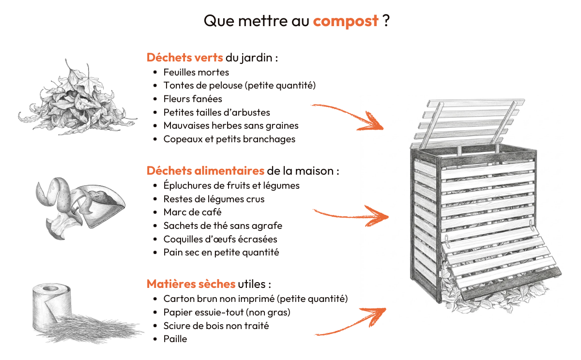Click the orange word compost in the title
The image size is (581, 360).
pyautogui.click(x=345, y=22)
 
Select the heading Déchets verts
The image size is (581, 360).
pyautogui.click(x=184, y=58)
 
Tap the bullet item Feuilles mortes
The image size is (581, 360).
pyautogui.click(x=196, y=72)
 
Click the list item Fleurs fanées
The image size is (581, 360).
pyautogui.click(x=193, y=99)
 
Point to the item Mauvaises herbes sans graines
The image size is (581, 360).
pyautogui.click(x=230, y=125)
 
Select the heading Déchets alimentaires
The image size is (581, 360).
pyautogui.click(x=205, y=171)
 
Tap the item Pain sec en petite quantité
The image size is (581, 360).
pyautogui.click(x=221, y=252)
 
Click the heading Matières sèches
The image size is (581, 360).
pyautogui.click(x=191, y=284)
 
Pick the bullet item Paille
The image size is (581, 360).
pyautogui.click(x=175, y=339)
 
